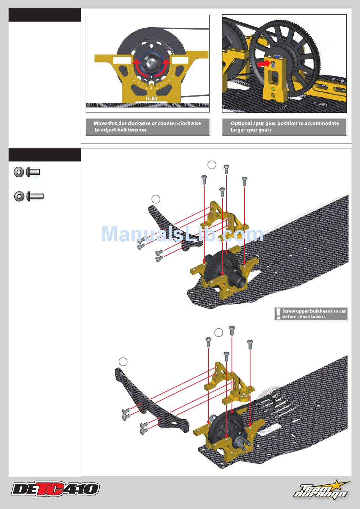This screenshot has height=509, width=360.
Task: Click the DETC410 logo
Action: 55,489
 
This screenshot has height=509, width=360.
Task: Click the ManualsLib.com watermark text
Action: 182,234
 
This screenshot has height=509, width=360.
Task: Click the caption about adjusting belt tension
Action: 147,126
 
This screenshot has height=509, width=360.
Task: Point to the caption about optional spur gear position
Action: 285,126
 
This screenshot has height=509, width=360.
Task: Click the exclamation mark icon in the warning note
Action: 279,314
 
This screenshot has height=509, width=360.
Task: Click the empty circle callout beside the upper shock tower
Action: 155,199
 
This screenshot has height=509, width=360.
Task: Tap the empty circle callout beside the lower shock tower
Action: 123,361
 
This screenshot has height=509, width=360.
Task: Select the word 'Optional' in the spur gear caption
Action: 241,123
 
